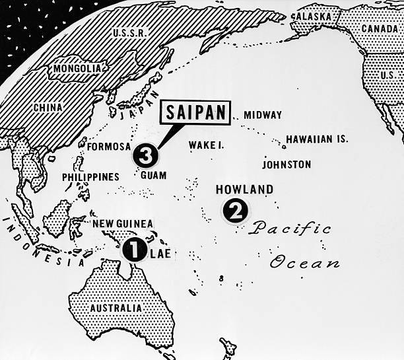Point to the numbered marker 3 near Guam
pyautogui.click(x=145, y=156)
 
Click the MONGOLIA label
pyautogui.click(x=78, y=68)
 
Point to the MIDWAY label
pyautogui.click(x=263, y=115)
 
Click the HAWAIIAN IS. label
pyautogui.click(x=316, y=139)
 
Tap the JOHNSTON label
pyautogui.click(x=286, y=164)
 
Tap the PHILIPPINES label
pyautogui.click(x=90, y=177)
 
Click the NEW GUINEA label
pyautogui.click(x=122, y=224)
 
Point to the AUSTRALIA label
pyautogui.click(x=116, y=308)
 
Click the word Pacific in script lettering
pyautogui.click(x=290, y=229)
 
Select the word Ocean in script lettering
pyautogui.click(x=305, y=262)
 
